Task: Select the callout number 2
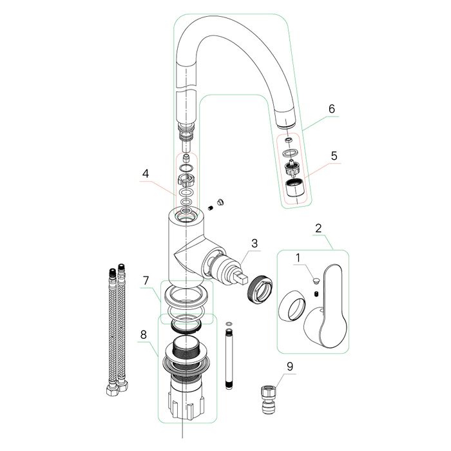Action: pyautogui.click(x=318, y=229)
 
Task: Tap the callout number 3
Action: pyautogui.click(x=254, y=243)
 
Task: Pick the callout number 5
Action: pyautogui.click(x=334, y=156)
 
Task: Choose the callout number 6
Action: pyautogui.click(x=331, y=109)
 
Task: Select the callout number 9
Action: pyautogui.click(x=290, y=367)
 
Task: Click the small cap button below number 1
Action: pyautogui.click(x=314, y=280)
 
